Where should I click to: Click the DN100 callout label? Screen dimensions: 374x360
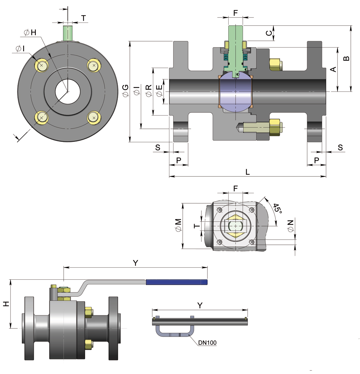207,342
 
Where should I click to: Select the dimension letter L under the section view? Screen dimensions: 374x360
248,172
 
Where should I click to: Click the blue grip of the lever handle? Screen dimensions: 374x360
177,282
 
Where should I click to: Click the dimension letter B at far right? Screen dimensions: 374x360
346,58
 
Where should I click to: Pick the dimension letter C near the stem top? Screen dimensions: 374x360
269,33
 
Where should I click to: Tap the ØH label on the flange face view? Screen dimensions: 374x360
30,32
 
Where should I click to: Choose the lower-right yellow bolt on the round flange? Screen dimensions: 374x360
94,117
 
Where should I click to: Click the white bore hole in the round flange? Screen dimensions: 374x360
68,91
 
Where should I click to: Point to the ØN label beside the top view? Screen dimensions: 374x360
290,226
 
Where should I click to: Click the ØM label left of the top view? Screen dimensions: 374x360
178,225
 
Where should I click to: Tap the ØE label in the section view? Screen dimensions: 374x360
159,91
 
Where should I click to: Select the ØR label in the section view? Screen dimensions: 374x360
148,91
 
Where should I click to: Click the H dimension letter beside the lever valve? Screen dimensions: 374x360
6,304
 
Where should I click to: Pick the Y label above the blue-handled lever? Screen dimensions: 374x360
136,263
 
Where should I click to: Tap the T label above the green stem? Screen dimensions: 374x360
84,18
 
